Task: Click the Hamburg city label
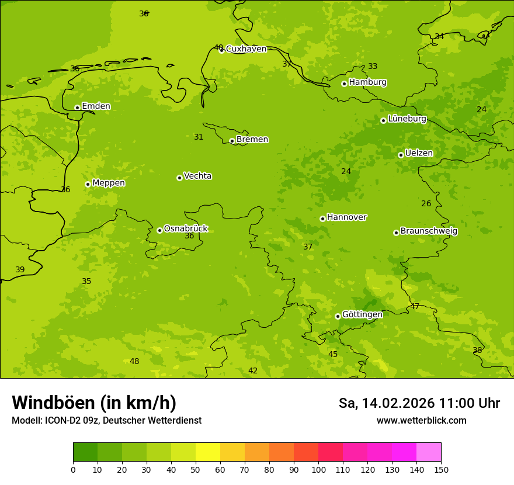[x=367, y=82]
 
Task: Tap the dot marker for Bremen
[x=232, y=141]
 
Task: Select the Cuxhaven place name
[x=246, y=49]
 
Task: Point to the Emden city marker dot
[x=77, y=108]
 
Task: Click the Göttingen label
[x=362, y=315]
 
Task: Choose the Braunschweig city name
[x=429, y=231]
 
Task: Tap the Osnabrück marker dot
[x=159, y=230]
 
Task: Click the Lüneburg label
[x=407, y=119]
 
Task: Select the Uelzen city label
[x=419, y=154]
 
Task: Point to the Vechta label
[x=197, y=176]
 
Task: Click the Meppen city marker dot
[x=88, y=184]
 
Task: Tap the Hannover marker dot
[x=322, y=219]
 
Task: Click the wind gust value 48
[x=134, y=362]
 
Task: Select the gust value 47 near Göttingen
[x=415, y=306]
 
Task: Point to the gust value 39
[x=20, y=270]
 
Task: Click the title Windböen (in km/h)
[x=94, y=403]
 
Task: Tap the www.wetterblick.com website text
[x=421, y=420]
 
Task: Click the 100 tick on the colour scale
[x=318, y=469]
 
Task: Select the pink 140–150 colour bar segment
[x=429, y=452]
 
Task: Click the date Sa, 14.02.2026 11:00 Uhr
[x=419, y=403]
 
